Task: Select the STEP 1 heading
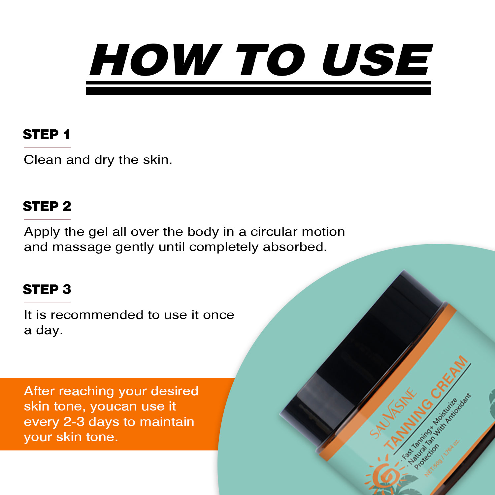[47, 134]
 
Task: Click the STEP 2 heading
[47, 206]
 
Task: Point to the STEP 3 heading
[47, 289]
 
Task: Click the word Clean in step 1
[43, 160]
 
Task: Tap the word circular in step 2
[274, 232]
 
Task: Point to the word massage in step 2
[82, 247]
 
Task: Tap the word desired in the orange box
[175, 391]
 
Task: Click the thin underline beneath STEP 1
[47, 148]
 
